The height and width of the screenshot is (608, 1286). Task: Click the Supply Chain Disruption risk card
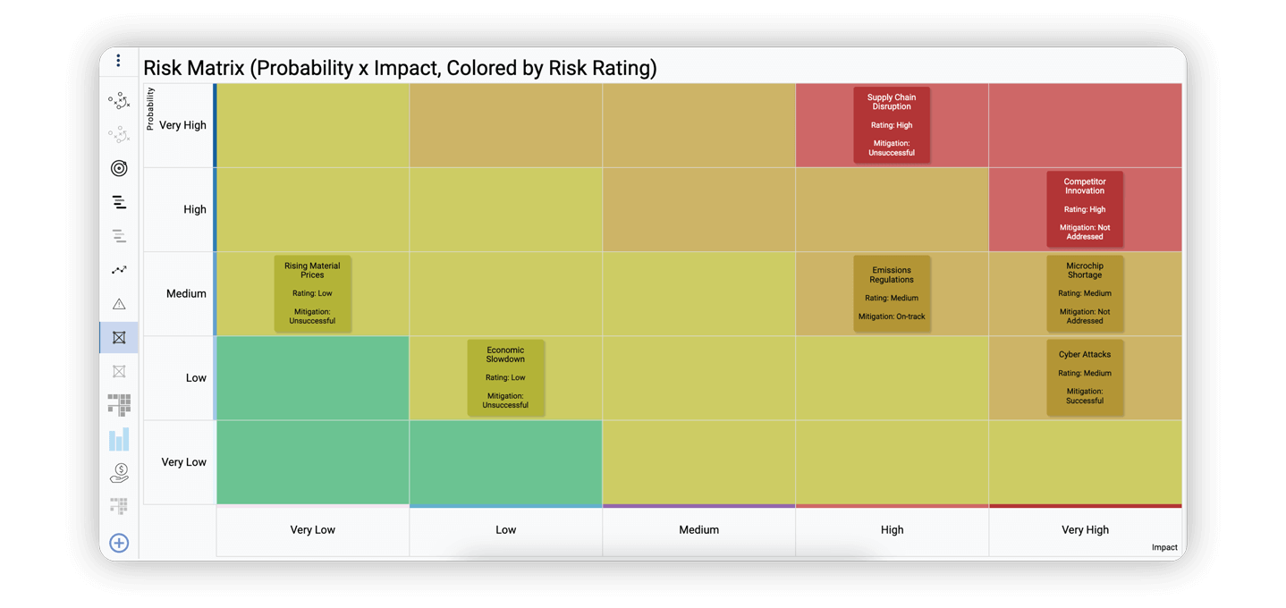tap(892, 125)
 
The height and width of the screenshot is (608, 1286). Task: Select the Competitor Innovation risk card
tap(1085, 209)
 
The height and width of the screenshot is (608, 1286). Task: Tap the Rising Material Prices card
tap(312, 293)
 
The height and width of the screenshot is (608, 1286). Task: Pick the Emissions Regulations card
tap(892, 293)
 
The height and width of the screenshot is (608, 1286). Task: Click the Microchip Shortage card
tap(1085, 293)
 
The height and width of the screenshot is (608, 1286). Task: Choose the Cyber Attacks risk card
tap(1085, 377)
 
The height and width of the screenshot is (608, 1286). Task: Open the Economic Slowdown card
tap(505, 377)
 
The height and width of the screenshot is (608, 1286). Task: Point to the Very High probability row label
tap(182, 125)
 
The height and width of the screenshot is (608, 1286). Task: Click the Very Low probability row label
tap(183, 462)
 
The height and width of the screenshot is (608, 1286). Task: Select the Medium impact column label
tap(698, 529)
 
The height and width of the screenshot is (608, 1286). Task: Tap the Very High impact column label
tap(1085, 529)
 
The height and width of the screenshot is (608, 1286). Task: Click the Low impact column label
tap(505, 529)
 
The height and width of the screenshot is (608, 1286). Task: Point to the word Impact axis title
tap(1163, 547)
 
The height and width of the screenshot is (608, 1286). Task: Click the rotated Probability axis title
tap(150, 108)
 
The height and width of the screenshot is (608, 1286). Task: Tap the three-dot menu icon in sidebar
tap(118, 61)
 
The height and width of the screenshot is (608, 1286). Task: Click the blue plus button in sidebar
tap(119, 543)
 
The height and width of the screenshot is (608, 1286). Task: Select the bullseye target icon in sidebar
tap(119, 168)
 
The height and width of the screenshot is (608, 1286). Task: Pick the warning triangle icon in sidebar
tap(119, 304)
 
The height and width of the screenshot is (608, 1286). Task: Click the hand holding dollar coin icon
tap(119, 473)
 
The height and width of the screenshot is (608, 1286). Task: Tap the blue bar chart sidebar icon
tap(119, 439)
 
